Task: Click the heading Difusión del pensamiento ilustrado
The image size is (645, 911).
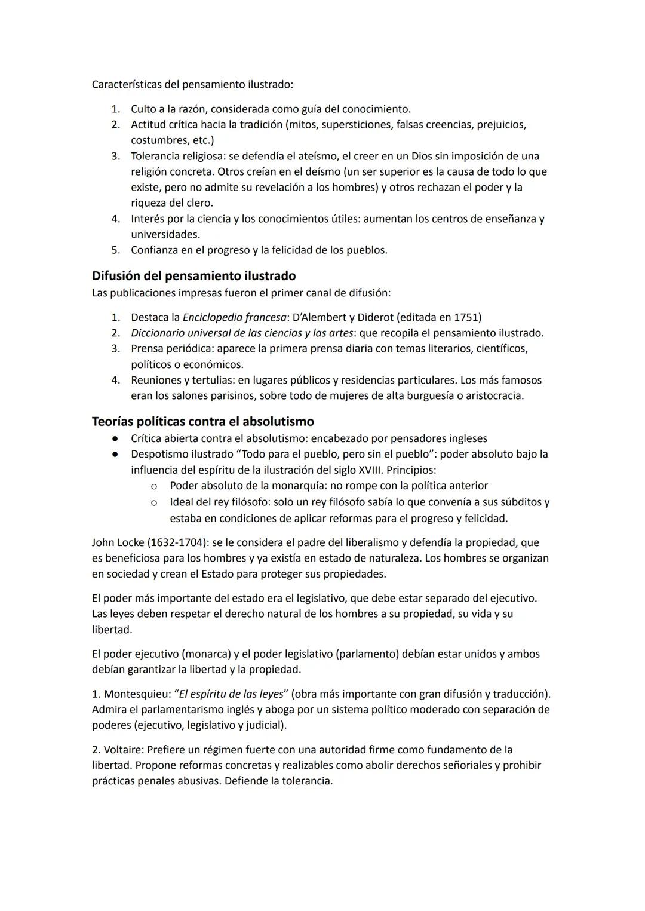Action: pyautogui.click(x=193, y=276)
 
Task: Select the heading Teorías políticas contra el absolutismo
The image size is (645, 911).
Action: pyautogui.click(x=202, y=422)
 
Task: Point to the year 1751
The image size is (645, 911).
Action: pyautogui.click(x=467, y=317)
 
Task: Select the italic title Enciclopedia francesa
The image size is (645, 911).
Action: pyautogui.click(x=234, y=317)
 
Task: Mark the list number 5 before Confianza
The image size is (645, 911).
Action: pyautogui.click(x=115, y=250)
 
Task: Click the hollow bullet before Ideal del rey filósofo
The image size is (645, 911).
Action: pyautogui.click(x=153, y=502)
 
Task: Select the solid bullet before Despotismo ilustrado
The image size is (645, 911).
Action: pyautogui.click(x=113, y=454)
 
